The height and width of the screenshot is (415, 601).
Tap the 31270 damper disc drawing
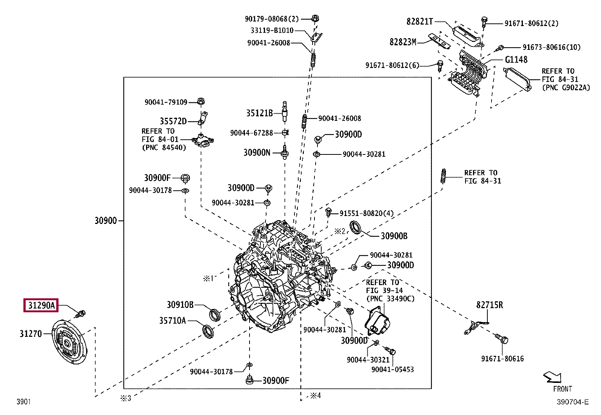tap(69, 342)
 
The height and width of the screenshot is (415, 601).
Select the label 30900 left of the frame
tap(105, 221)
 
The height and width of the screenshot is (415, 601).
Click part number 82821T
tap(419, 22)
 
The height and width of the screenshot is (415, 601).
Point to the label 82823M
tap(403, 42)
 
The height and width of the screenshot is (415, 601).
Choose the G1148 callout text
tap(516, 60)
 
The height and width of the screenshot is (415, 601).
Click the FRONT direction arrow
tap(552, 377)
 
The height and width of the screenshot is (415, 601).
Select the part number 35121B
tap(259, 113)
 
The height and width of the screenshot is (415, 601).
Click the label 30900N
tap(257, 153)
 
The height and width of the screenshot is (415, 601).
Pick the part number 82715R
tap(489, 305)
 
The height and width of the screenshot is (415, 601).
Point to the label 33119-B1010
tap(272, 31)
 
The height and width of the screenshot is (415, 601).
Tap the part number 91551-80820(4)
tap(366, 213)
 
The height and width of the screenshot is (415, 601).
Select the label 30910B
tap(180, 305)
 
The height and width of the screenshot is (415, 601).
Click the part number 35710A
tap(172, 321)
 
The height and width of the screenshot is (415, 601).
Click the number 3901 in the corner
tap(23, 402)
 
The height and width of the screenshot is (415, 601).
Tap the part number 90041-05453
tap(392, 369)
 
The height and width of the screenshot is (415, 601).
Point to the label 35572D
tap(173, 121)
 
